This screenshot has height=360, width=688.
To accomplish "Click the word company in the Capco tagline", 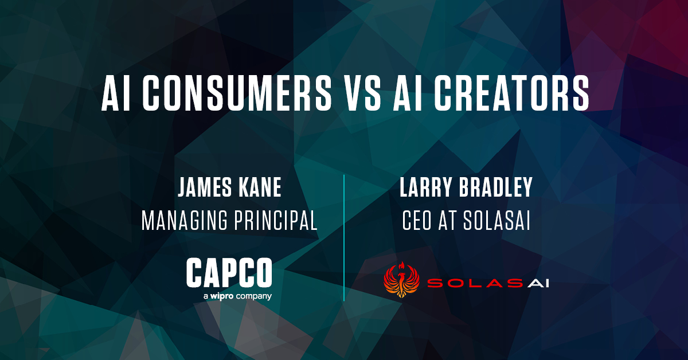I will click(255, 296).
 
